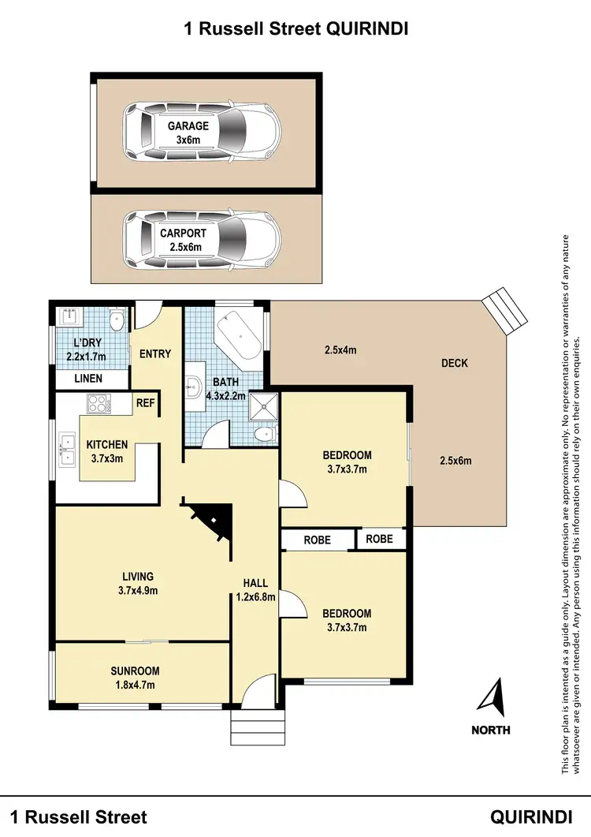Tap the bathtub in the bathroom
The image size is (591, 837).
pyautogui.click(x=237, y=341)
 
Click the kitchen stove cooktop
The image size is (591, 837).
pyautogui.click(x=98, y=405)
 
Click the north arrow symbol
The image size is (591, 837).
pyautogui.click(x=492, y=697)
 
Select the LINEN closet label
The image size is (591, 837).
pyautogui.click(x=88, y=379)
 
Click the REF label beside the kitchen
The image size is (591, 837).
pyautogui.click(x=146, y=403)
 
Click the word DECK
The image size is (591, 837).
pyautogui.click(x=454, y=364)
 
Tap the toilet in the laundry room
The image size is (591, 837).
pyautogui.click(x=117, y=320)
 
